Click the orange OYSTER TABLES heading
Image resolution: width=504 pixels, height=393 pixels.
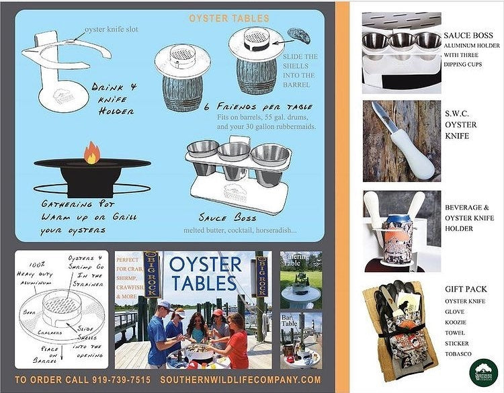pyautogui.click(x=229, y=18)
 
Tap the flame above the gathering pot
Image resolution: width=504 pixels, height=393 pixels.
pyautogui.click(x=91, y=152)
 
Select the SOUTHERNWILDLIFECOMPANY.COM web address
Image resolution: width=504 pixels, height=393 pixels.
pyautogui.click(x=241, y=380)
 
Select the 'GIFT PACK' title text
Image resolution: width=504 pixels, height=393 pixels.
pyautogui.click(x=466, y=290)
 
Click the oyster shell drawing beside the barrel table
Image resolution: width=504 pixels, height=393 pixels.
pyautogui.click(x=298, y=34)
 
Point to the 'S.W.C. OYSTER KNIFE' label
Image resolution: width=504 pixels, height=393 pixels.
pyautogui.click(x=461, y=124)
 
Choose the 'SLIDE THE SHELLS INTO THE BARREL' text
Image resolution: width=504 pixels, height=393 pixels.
pyautogui.click(x=300, y=71)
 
